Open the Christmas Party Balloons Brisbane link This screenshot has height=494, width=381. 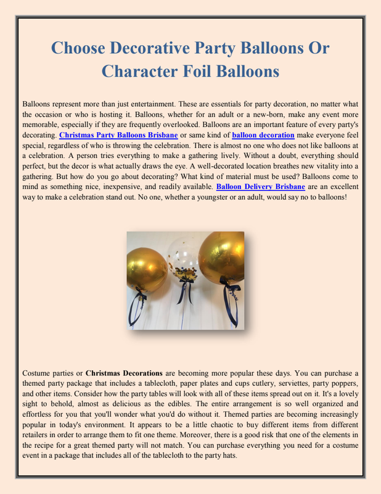pos(118,134)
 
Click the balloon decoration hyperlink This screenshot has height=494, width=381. pos(263,134)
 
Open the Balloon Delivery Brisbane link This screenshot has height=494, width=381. pos(261,186)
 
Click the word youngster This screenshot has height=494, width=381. pos(218,196)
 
